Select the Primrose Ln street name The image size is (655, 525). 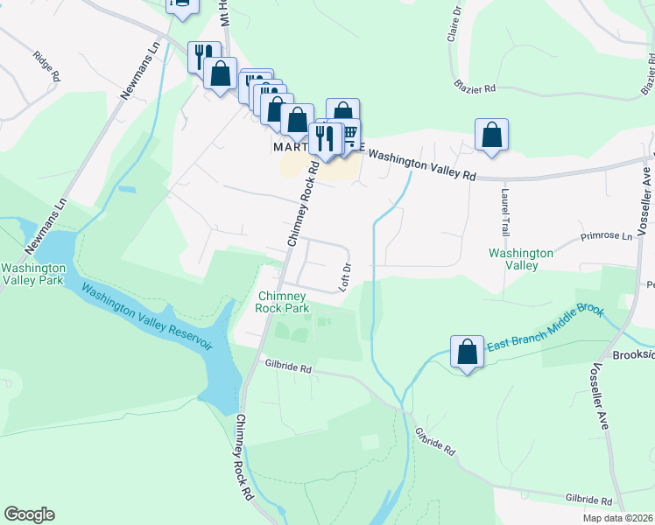[606, 236]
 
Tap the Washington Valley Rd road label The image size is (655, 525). [420, 164]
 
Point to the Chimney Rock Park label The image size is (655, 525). [284, 302]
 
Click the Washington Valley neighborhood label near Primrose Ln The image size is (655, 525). [520, 258]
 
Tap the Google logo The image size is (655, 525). [29, 514]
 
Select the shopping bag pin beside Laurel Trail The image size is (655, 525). [491, 136]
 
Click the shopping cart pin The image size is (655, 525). [349, 133]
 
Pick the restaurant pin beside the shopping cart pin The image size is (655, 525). [326, 139]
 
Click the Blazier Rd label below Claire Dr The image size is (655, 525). [475, 87]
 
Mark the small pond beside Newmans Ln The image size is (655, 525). [128, 188]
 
